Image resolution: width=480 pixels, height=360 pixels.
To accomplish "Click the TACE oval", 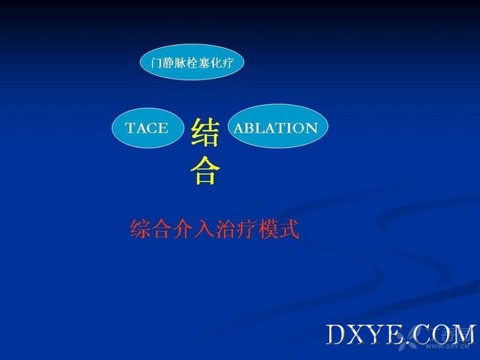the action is pos(148,128).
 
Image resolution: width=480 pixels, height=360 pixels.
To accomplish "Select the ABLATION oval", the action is pos(278,126).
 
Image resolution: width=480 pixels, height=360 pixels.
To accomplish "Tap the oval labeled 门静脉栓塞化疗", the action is pos(192,62).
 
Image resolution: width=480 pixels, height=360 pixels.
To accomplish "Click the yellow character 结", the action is pos(205,133).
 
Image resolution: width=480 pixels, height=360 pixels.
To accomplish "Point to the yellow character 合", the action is pos(205,170).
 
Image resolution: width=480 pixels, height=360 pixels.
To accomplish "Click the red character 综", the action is pos(140,229).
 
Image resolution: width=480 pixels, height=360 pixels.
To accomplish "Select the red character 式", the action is pos(289,229).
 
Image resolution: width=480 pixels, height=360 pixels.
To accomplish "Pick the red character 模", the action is pos(268,229).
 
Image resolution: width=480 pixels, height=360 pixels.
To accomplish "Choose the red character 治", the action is pos(226,229).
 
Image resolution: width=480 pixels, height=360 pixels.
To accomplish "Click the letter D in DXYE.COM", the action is pos(337,334).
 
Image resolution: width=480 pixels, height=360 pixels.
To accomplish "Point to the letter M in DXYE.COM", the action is pos(461,334).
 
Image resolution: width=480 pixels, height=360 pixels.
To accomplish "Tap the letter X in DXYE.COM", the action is pos(359,334).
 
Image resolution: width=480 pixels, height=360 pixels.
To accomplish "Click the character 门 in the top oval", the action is pos(156,63).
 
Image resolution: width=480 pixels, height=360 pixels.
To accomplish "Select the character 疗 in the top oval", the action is pos(228,63).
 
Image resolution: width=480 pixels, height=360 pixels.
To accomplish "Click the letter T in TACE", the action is pos(130,128).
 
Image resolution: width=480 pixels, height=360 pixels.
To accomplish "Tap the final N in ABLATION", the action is pos(312,128).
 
